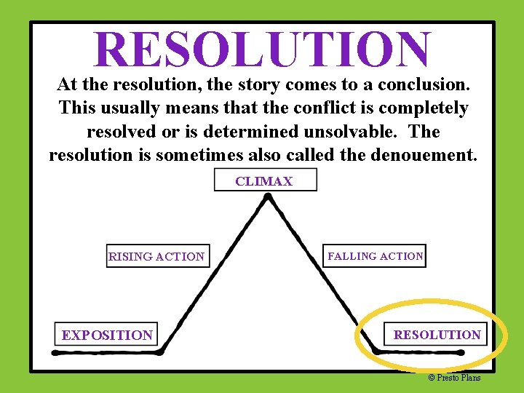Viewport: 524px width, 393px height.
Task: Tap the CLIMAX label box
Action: tap(265, 180)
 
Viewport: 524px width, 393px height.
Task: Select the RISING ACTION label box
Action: tap(157, 256)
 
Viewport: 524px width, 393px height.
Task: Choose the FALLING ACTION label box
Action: tap(375, 256)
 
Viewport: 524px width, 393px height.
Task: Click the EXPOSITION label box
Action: tap(107, 335)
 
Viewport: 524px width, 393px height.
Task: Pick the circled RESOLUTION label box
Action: tap(437, 335)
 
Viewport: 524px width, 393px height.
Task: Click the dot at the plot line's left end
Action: tap(55, 352)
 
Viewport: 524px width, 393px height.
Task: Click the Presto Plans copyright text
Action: tap(454, 377)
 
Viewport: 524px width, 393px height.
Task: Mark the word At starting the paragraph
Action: tap(67, 84)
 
